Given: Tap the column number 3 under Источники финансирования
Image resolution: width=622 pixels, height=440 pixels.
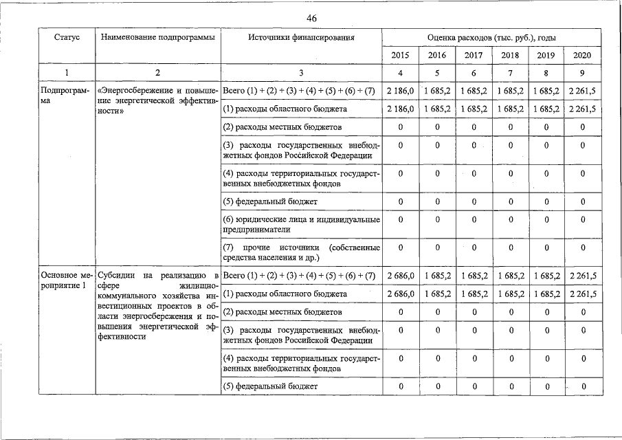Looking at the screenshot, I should (x=301, y=74).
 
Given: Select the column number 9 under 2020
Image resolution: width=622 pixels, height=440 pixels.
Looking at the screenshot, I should (x=582, y=74).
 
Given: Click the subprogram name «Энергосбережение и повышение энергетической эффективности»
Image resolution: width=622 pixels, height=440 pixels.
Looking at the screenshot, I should (x=158, y=100).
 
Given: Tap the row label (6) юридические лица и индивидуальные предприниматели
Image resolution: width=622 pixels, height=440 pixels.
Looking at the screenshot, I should (x=301, y=225).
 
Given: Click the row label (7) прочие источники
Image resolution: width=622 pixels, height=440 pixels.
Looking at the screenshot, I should (x=301, y=252).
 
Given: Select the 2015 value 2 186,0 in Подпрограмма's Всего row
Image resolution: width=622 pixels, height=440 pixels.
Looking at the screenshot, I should (x=400, y=91).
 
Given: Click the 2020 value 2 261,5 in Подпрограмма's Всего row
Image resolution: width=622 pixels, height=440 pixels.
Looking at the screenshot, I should (x=582, y=91).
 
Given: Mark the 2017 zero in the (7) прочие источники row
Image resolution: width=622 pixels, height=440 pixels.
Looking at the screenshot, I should (x=474, y=247).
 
